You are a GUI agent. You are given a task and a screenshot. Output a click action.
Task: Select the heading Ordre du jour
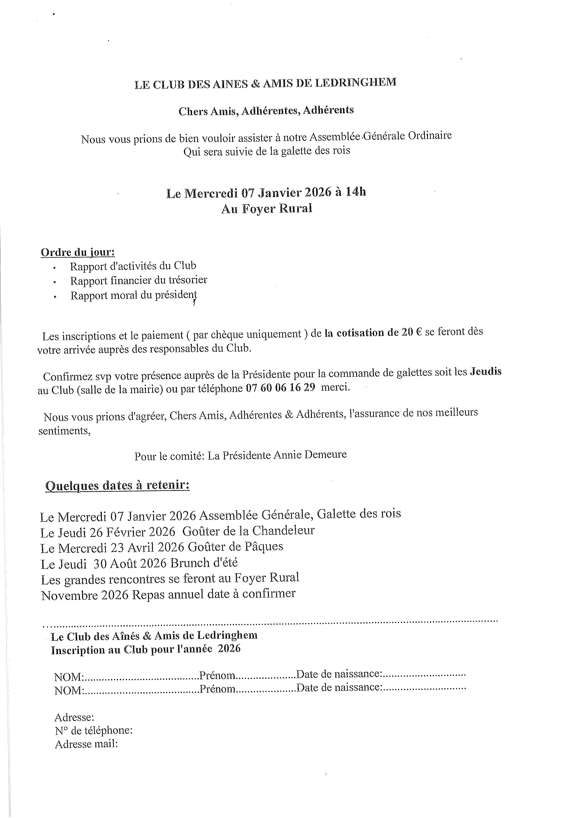pyautogui.click(x=78, y=252)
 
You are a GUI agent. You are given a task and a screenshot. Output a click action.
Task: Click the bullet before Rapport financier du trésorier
pyautogui.click(x=55, y=282)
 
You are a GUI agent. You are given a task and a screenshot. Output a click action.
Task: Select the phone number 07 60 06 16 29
pyautogui.click(x=280, y=388)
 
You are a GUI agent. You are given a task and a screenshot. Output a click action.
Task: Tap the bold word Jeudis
pyautogui.click(x=486, y=371)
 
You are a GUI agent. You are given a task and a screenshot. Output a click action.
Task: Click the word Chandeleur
pyautogui.click(x=283, y=531)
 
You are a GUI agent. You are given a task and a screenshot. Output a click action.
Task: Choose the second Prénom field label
pyautogui.click(x=217, y=689)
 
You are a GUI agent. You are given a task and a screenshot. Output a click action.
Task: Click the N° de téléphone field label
pyautogui.click(x=94, y=731)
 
